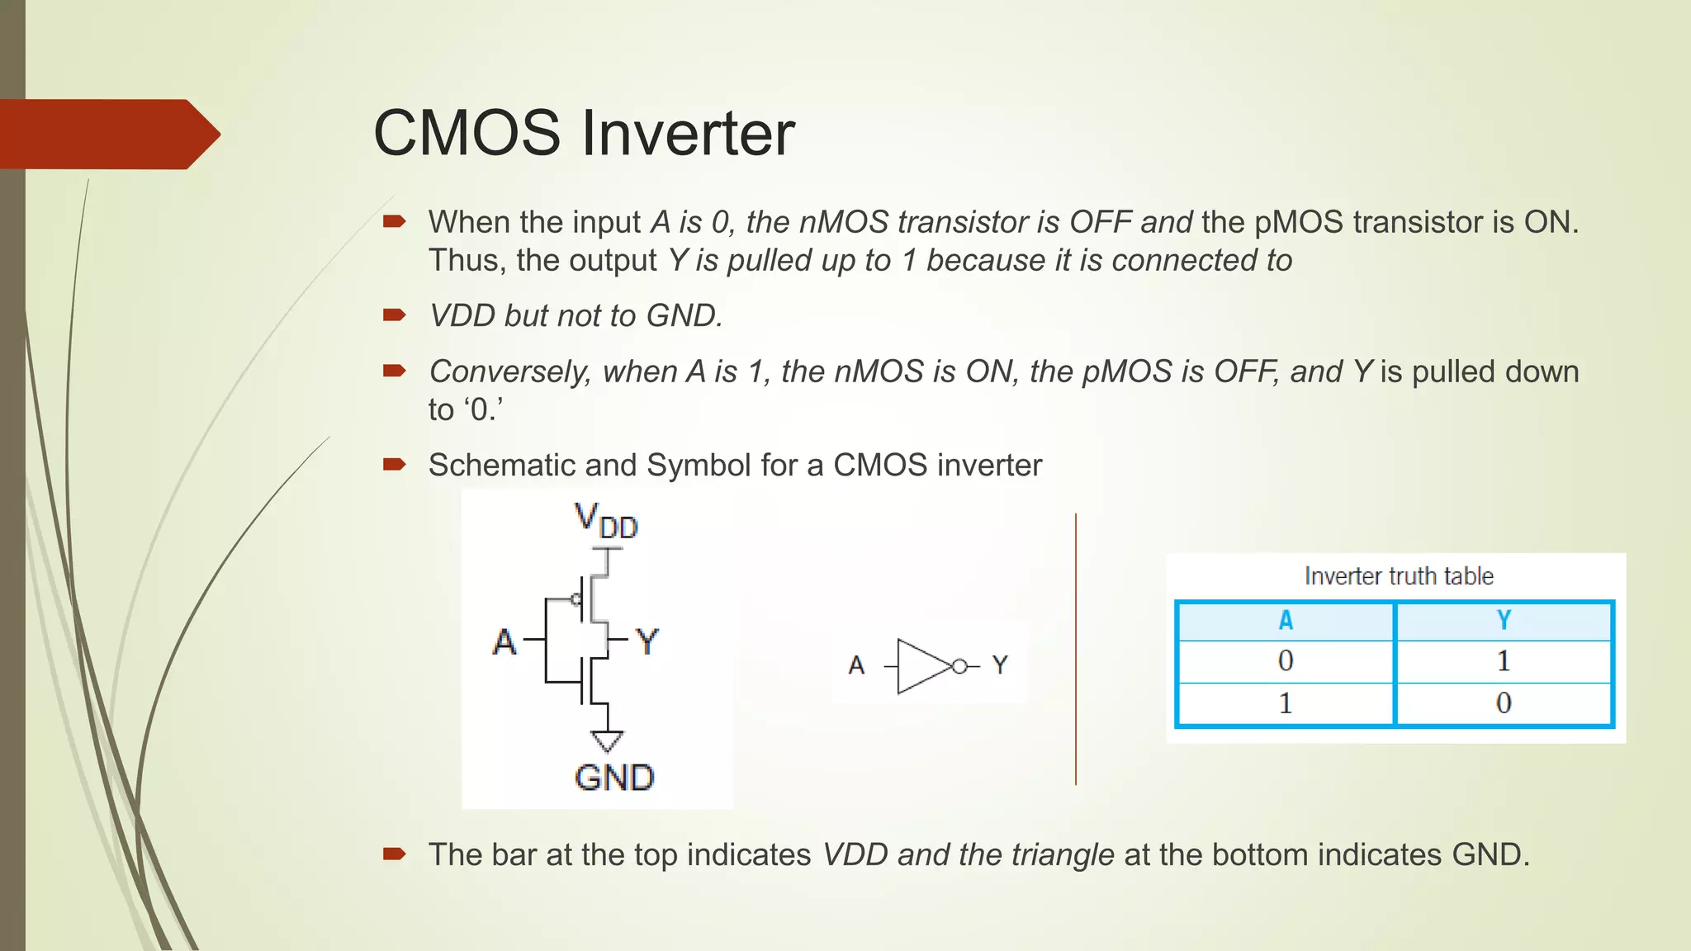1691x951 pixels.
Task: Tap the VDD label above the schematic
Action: tap(606, 522)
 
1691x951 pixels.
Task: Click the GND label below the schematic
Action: tap(614, 778)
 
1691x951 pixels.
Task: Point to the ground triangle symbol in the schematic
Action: tap(607, 740)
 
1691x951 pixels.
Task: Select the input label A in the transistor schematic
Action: tap(504, 641)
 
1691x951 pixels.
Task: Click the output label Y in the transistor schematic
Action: tap(647, 641)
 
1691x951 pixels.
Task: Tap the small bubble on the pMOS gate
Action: tap(576, 599)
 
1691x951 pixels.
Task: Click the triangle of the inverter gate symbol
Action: tap(921, 665)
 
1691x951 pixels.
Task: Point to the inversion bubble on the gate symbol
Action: tap(959, 666)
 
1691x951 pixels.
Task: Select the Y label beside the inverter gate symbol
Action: tap(1000, 665)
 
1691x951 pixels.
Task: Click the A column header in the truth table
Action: tap(1286, 621)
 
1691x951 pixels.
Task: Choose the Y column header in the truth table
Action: tap(1504, 621)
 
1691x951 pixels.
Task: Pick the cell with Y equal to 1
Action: tap(1504, 661)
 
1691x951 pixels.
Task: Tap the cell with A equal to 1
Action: tap(1286, 703)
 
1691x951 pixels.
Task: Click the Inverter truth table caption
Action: tap(1399, 575)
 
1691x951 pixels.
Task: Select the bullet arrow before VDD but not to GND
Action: tap(394, 315)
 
